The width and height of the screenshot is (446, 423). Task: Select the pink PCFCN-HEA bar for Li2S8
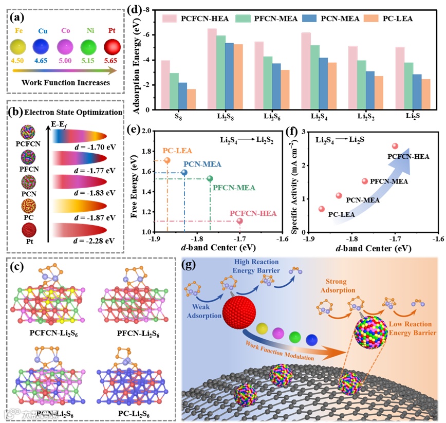pos(212,69)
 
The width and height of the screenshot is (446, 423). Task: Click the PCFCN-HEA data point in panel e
pos(240,221)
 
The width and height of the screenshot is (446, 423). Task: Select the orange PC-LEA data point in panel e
pos(167,160)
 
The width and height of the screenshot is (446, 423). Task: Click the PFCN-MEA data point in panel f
pos(365,181)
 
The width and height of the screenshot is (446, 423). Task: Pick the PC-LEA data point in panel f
pos(322,209)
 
